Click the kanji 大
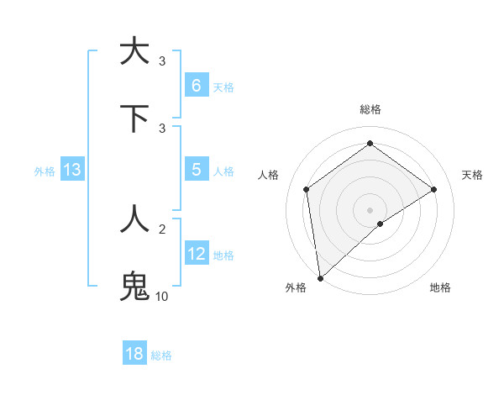(x=134, y=52)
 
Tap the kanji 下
(x=134, y=118)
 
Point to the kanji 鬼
(x=134, y=286)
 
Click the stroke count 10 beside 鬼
(x=161, y=296)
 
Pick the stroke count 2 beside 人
(x=162, y=229)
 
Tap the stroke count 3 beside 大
(x=162, y=61)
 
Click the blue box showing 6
(x=196, y=86)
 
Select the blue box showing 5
(x=196, y=170)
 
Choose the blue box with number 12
(x=196, y=254)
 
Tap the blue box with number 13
(x=72, y=171)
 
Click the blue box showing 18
(x=134, y=354)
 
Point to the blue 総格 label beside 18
(x=161, y=355)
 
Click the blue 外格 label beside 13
(x=45, y=171)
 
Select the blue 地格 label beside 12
(x=223, y=255)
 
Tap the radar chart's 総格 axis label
(x=370, y=109)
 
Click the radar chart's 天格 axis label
(x=473, y=175)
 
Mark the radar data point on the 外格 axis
(x=319, y=278)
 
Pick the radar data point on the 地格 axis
(x=381, y=224)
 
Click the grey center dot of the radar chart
(x=370, y=209)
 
